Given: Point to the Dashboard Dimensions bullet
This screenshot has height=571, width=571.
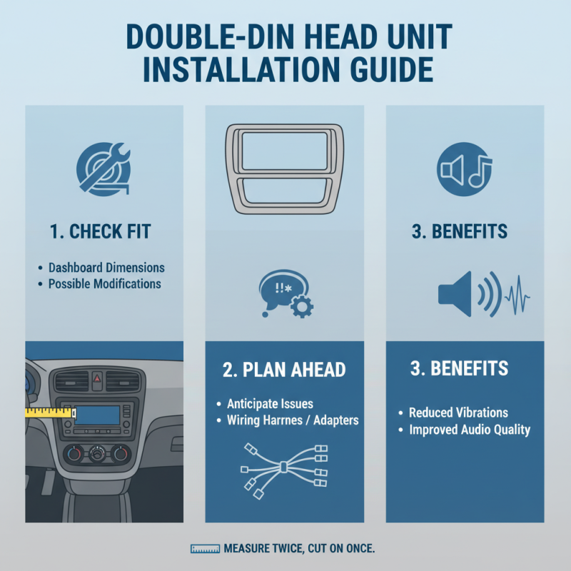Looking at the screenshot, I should [106, 268].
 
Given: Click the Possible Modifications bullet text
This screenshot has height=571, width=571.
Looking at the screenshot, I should [104, 284].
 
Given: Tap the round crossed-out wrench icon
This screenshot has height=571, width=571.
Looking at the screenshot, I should [103, 171].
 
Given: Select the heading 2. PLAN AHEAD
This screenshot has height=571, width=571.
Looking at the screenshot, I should [285, 369].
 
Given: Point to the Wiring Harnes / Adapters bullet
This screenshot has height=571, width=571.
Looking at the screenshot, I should [287, 420].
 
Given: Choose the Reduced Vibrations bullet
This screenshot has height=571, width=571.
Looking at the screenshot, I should [458, 413].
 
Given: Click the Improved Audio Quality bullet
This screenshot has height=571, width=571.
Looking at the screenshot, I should [469, 429].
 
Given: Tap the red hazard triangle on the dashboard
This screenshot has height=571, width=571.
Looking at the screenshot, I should [97, 380].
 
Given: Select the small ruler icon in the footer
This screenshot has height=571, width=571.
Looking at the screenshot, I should [205, 549].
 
